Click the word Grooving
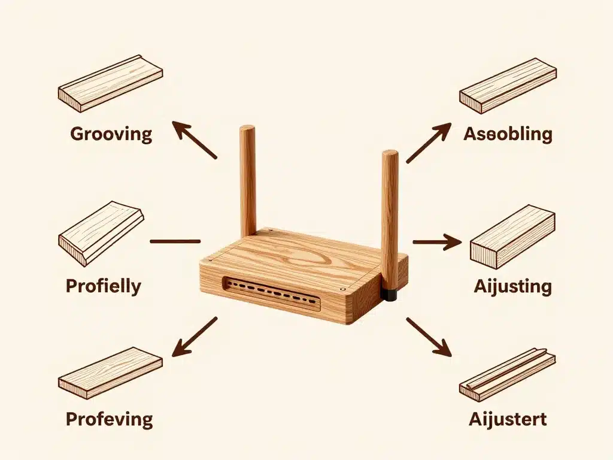click(111, 134)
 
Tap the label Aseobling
click(508, 134)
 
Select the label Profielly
click(103, 286)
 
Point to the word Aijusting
click(512, 286)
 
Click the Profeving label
click(109, 419)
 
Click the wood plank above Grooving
click(110, 83)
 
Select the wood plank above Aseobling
click(508, 85)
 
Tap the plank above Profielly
click(101, 232)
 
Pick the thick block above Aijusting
click(512, 237)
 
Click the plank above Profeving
click(110, 373)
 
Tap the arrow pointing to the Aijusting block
click(436, 243)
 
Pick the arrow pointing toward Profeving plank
click(195, 337)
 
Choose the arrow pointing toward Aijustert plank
click(428, 337)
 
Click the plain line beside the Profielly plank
click(175, 241)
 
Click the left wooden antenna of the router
click(248, 180)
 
